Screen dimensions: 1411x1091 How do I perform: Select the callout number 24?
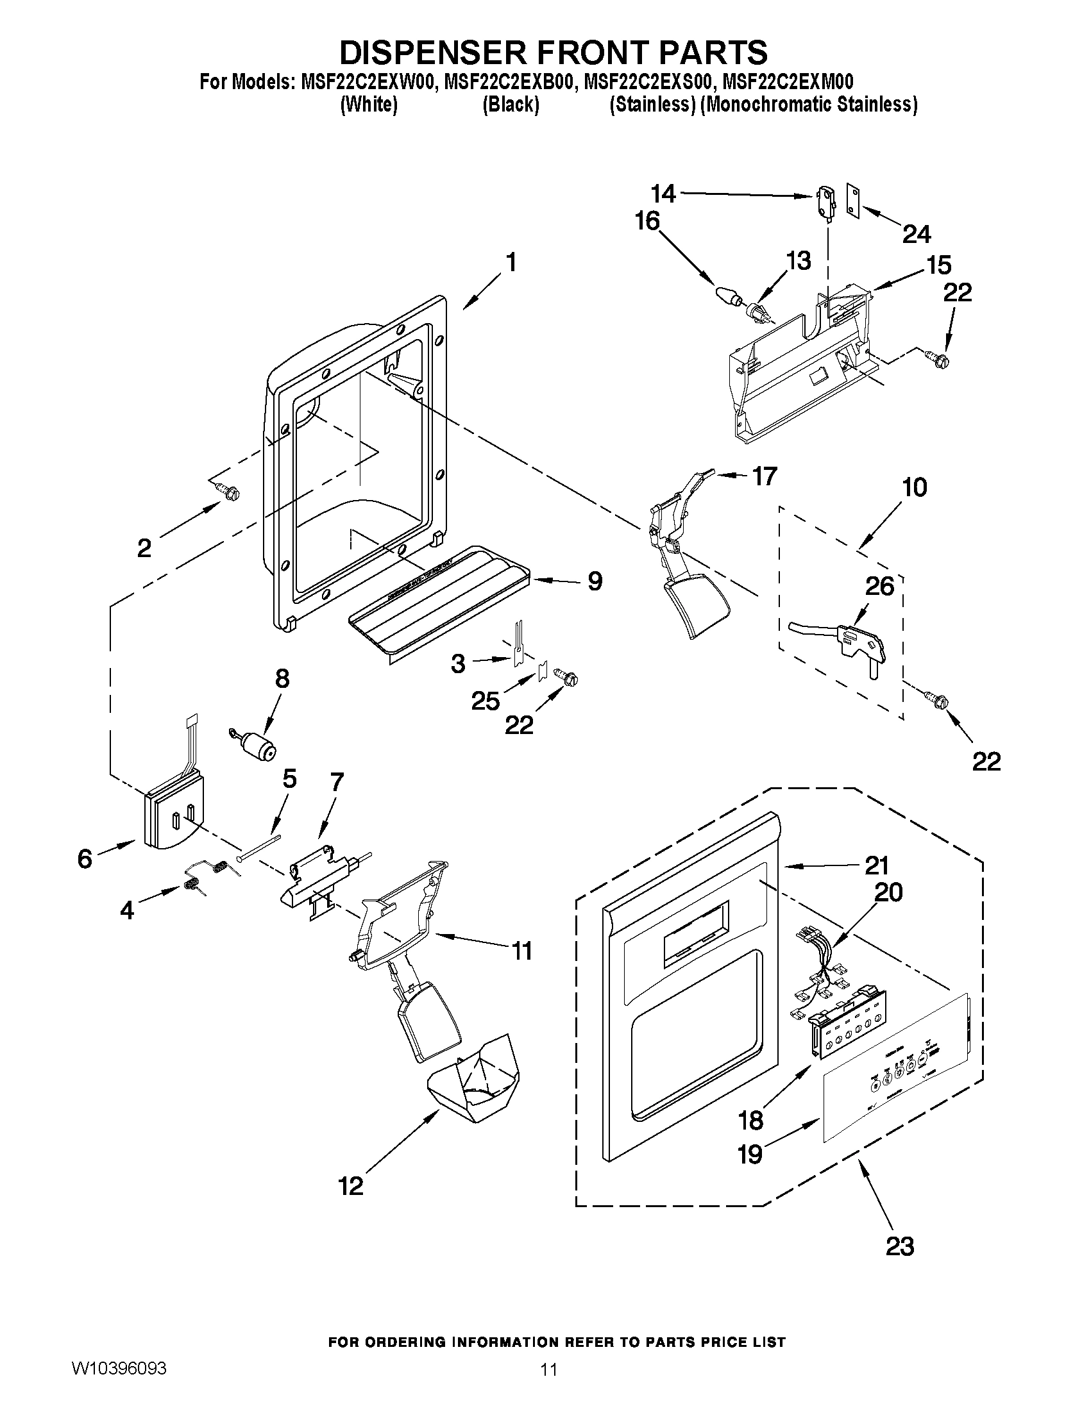click(916, 234)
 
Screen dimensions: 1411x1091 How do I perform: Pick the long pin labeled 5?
click(259, 847)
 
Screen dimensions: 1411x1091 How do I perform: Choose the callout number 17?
click(764, 477)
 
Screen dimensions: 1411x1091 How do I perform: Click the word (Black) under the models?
click(511, 104)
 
